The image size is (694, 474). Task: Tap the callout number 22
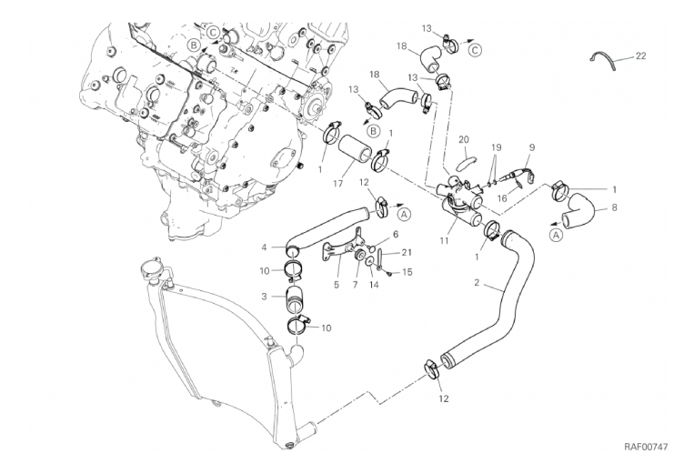coord(640,56)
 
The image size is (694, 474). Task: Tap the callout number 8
coord(614,207)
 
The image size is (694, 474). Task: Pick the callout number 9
coord(532,148)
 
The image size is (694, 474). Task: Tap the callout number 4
coord(266,247)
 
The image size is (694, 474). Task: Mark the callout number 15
coord(407,271)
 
